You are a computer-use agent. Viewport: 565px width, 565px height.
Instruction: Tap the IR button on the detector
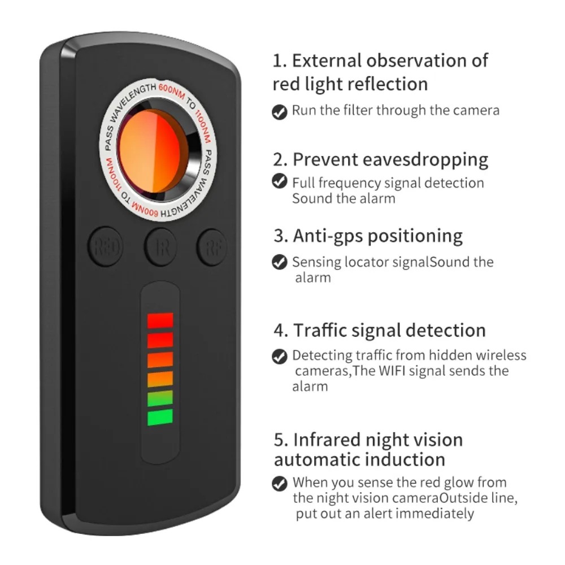pyautogui.click(x=160, y=247)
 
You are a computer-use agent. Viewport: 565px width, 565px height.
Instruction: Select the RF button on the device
pyautogui.click(x=212, y=246)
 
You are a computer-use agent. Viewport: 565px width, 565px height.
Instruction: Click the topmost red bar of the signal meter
pyautogui.click(x=160, y=320)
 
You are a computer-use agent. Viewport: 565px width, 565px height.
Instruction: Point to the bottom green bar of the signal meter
pyautogui.click(x=160, y=418)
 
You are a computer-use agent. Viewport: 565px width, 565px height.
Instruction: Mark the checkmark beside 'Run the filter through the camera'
pyautogui.click(x=279, y=111)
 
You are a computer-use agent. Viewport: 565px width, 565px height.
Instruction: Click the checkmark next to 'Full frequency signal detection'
pyautogui.click(x=279, y=181)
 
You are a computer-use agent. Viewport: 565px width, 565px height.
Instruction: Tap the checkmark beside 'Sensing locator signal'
pyautogui.click(x=279, y=262)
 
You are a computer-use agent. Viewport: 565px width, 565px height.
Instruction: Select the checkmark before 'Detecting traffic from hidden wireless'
pyautogui.click(x=279, y=356)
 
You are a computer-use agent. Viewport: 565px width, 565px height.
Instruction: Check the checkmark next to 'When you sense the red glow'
pyautogui.click(x=279, y=484)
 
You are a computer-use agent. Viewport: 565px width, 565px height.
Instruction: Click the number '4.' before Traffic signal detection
pyautogui.click(x=281, y=331)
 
